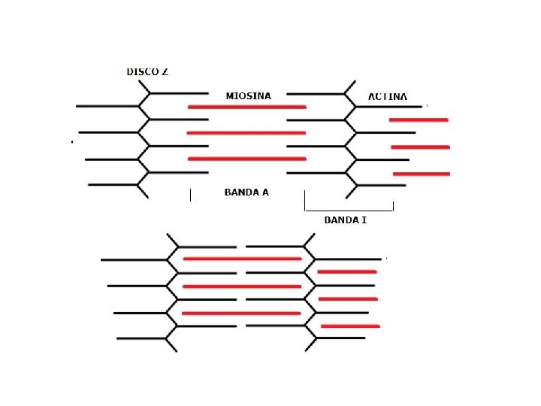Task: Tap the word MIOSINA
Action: (x=248, y=96)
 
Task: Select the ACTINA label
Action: (x=388, y=97)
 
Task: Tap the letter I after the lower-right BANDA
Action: (x=364, y=220)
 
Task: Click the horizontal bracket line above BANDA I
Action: (x=349, y=210)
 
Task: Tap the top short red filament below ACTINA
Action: (x=419, y=120)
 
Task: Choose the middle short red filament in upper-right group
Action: (x=420, y=147)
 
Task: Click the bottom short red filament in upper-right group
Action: (x=421, y=174)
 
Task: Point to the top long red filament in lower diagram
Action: (x=242, y=259)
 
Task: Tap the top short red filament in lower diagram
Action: (x=347, y=271)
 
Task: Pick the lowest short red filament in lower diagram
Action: (x=350, y=326)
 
